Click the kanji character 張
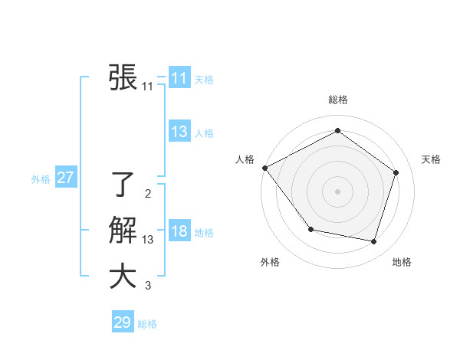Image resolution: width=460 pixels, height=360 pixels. click(x=123, y=77)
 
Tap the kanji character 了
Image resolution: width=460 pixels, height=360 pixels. click(x=123, y=185)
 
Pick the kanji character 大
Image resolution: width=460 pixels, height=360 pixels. click(x=123, y=277)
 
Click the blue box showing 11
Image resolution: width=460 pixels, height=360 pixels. click(x=179, y=78)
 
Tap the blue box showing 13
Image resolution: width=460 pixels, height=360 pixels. click(x=179, y=132)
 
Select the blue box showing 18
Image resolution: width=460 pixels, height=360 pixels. click(x=179, y=231)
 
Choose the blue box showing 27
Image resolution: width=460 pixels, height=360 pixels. click(x=65, y=178)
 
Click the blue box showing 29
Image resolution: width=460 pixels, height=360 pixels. click(x=122, y=322)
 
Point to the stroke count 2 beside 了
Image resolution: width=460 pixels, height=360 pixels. click(x=147, y=194)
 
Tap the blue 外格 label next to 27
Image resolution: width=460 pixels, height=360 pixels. click(x=41, y=179)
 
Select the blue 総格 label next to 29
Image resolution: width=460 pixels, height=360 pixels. click(x=147, y=324)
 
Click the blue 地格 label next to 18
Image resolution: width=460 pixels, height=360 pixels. click(x=205, y=233)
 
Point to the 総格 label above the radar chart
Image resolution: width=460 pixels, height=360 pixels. click(x=338, y=100)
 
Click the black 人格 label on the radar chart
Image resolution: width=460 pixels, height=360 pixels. click(x=245, y=159)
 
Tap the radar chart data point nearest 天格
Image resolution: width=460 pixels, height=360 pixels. click(x=396, y=172)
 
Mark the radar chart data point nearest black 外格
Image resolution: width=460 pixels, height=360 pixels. click(x=310, y=229)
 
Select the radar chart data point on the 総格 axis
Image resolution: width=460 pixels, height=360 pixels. click(x=337, y=130)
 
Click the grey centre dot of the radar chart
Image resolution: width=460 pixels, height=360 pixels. click(x=337, y=191)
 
